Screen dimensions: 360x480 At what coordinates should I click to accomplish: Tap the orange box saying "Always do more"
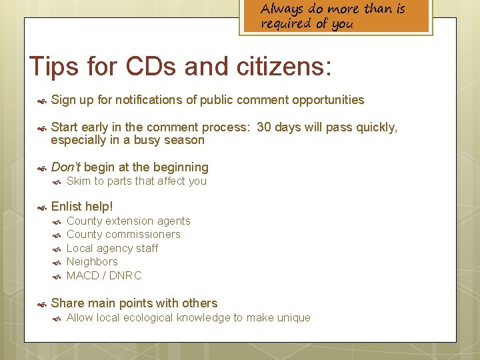coord(335,17)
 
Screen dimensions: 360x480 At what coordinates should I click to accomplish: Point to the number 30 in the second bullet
coord(264,127)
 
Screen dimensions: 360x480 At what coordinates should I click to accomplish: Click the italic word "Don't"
coord(66,167)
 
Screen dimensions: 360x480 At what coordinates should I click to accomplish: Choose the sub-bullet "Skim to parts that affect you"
coord(137,181)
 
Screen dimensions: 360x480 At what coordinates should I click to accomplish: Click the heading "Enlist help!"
coord(82,207)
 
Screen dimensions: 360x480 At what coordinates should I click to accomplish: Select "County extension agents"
coord(129,221)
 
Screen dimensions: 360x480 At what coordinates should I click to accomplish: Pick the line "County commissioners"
coord(123,235)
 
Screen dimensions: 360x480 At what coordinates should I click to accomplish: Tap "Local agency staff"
coord(113,249)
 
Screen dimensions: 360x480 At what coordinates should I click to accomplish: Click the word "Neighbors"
coord(92,262)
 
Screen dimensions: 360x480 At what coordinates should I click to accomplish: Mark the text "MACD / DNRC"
coord(104,275)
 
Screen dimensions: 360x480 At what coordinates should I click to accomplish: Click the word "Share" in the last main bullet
coord(67,303)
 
